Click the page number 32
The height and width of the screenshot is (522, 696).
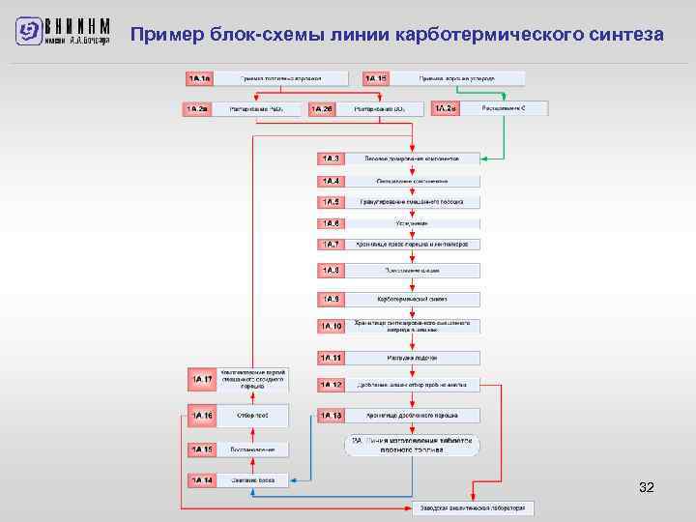[x=647, y=488]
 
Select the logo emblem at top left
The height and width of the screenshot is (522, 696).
[x=30, y=32]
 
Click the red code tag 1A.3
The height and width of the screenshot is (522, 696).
[x=331, y=158]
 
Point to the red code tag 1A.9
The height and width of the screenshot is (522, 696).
[x=331, y=299]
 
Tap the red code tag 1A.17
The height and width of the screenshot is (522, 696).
[x=201, y=380]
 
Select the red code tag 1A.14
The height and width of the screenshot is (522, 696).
[x=201, y=479]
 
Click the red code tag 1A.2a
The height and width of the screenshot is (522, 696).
[x=197, y=109]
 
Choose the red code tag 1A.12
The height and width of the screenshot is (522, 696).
[x=331, y=384]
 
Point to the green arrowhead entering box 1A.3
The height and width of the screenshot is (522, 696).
[x=483, y=158]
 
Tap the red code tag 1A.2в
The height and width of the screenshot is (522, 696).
[x=445, y=108]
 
